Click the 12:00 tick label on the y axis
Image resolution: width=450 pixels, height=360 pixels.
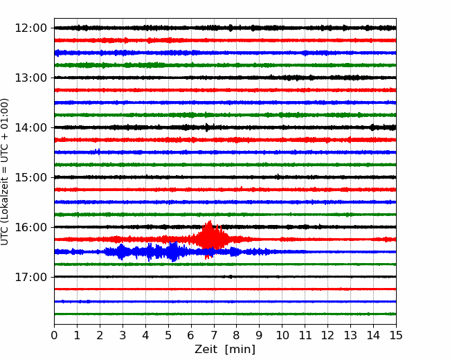pyautogui.click(x=30, y=28)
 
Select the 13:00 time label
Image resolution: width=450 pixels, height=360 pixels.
pyautogui.click(x=30, y=78)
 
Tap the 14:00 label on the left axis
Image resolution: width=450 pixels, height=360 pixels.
pyautogui.click(x=30, y=127)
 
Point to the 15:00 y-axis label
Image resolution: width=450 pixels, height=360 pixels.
pyautogui.click(x=30, y=177)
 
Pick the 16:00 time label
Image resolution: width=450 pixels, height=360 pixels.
pyautogui.click(x=30, y=227)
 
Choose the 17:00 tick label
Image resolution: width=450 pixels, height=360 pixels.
pyautogui.click(x=30, y=277)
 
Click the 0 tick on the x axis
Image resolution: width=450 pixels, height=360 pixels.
pyautogui.click(x=54, y=335)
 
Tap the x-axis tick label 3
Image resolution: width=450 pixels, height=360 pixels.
pyautogui.click(x=123, y=335)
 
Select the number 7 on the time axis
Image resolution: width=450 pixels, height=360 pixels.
pyautogui.click(x=214, y=335)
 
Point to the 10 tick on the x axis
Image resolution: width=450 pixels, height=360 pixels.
pyautogui.click(x=282, y=335)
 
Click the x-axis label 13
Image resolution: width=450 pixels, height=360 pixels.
pyautogui.click(x=350, y=335)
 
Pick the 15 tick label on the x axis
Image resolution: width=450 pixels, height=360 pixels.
pyautogui.click(x=396, y=335)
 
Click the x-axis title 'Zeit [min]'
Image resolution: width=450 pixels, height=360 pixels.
pyautogui.click(x=225, y=350)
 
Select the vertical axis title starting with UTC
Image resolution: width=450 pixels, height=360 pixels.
pyautogui.click(x=5, y=172)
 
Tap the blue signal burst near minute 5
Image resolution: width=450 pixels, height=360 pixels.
pyautogui.click(x=173, y=251)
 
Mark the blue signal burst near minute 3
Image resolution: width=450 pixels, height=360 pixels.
pyautogui.click(x=121, y=252)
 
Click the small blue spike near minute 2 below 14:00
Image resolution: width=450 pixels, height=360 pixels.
pyautogui.click(x=99, y=152)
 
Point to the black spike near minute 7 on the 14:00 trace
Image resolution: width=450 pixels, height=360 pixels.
pyautogui.click(x=206, y=127)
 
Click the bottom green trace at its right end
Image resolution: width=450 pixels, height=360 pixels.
pyautogui.click(x=395, y=314)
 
